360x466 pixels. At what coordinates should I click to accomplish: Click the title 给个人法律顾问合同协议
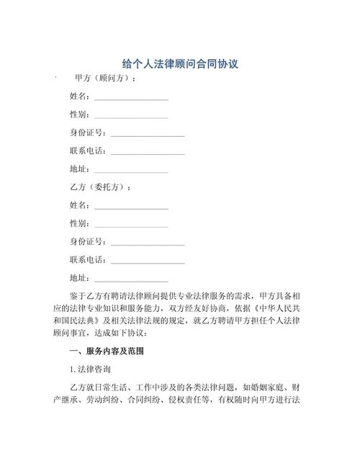click(180, 63)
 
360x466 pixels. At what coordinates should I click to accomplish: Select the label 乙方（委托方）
click(101, 187)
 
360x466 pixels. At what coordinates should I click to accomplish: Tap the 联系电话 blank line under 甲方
click(148, 153)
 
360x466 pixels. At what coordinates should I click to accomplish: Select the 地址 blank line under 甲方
click(131, 171)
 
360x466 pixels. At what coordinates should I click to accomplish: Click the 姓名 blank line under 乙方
click(131, 207)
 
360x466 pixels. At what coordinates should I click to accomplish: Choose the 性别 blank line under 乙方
click(131, 225)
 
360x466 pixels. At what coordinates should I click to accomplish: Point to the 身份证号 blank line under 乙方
click(148, 243)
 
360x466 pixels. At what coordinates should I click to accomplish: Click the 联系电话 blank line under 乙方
click(148, 261)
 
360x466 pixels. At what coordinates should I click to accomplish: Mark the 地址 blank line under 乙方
click(131, 279)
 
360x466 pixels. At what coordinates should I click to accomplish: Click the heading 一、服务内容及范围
click(105, 351)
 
